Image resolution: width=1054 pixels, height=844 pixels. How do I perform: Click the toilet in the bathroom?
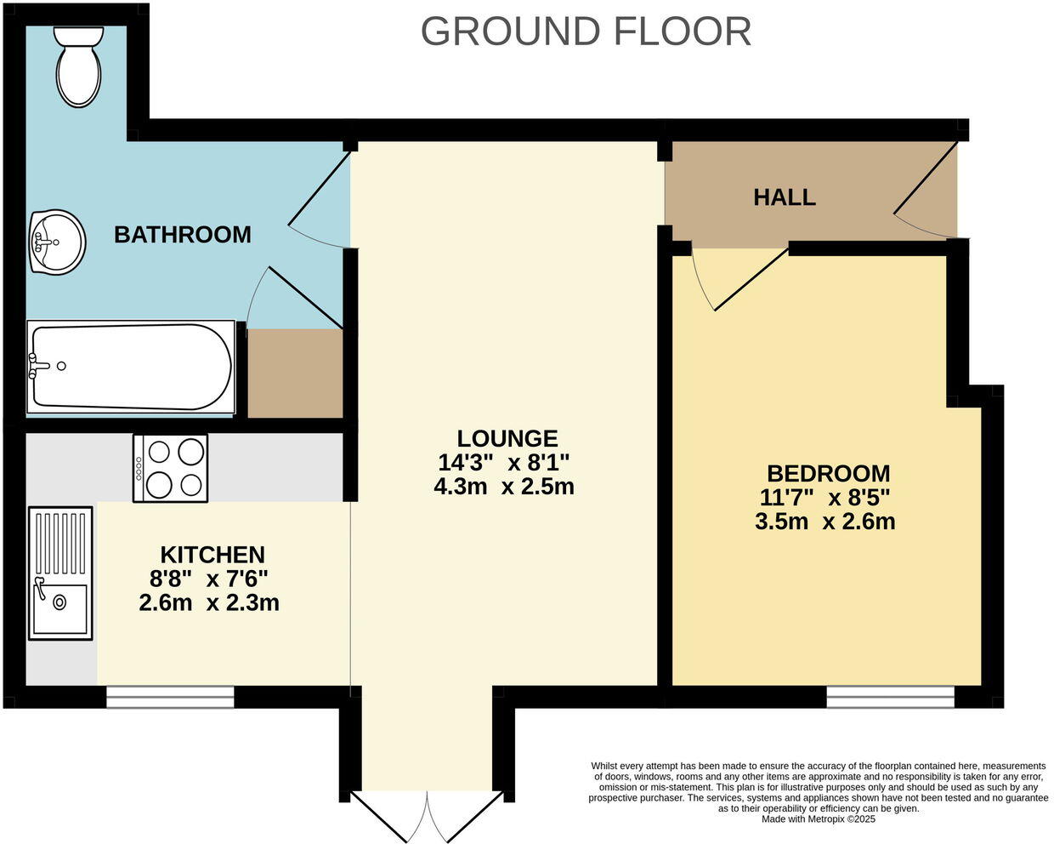coord(78,66)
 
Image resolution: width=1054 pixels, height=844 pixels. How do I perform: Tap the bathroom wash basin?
coord(57,242)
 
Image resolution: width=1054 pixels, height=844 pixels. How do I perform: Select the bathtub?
coord(131,367)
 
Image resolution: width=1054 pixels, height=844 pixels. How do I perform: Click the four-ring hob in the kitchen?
coord(171,468)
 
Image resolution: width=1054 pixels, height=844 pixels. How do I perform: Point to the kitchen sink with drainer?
coord(60,573)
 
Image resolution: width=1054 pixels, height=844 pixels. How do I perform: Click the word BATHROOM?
coord(183,235)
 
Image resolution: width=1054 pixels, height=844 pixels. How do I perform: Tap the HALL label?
coord(785,197)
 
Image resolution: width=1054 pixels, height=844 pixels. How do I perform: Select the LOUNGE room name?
coord(507,438)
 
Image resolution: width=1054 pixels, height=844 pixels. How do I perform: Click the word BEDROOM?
coord(829,474)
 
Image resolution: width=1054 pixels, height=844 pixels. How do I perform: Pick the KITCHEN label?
coord(212,555)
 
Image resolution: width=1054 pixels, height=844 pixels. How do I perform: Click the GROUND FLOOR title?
coord(586,31)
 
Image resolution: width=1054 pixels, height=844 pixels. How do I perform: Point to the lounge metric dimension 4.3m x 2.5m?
coord(504,487)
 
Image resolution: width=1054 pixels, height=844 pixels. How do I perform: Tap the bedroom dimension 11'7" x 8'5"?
coord(824,499)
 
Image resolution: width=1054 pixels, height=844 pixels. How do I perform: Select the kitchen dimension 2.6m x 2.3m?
coord(209,603)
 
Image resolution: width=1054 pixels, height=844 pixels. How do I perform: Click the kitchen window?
coord(170,697)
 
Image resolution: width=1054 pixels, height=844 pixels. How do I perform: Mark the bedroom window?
coord(891,697)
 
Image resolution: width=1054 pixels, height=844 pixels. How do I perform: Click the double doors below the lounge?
coord(428,814)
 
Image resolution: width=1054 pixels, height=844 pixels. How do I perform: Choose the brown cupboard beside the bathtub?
coord(295,374)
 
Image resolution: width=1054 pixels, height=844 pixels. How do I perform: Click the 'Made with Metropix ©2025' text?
coord(819,819)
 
